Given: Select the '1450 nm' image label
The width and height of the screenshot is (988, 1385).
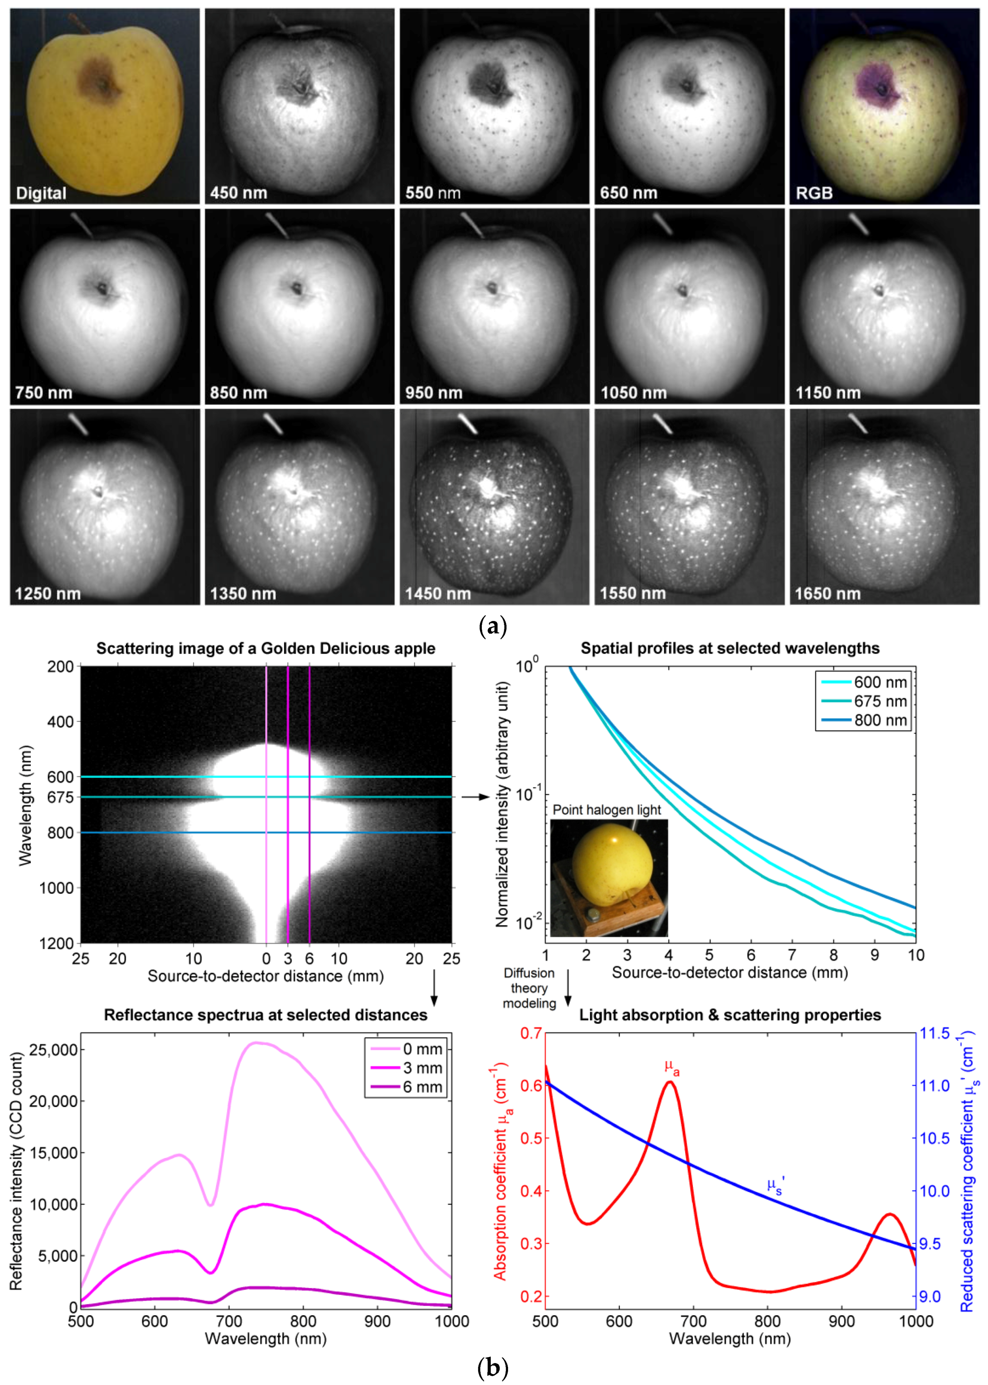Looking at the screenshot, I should pyautogui.click(x=437, y=594).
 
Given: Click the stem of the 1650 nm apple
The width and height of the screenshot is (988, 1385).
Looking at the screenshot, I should pyautogui.click(x=858, y=423).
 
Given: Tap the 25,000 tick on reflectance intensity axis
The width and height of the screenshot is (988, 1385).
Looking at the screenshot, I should pyautogui.click(x=53, y=1050).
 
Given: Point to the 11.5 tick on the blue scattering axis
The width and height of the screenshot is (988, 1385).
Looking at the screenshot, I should pyautogui.click(x=934, y=1033).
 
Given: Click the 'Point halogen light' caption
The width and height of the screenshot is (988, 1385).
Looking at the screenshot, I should pyautogui.click(x=606, y=810).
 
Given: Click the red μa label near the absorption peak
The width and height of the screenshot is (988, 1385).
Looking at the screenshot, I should pyautogui.click(x=672, y=1067).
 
